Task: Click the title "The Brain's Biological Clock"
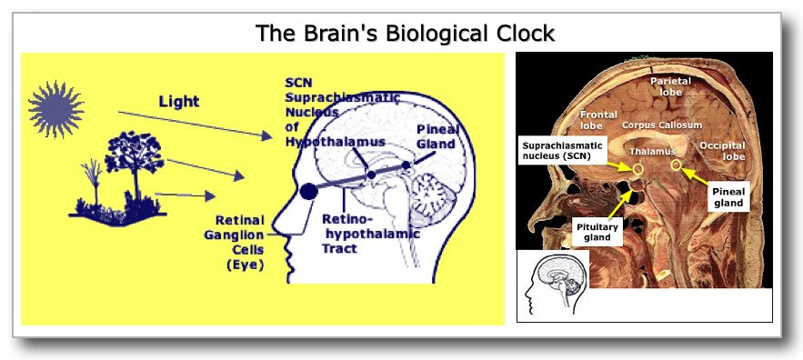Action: click(404, 35)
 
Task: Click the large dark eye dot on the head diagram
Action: click(309, 191)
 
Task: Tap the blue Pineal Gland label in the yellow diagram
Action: click(437, 135)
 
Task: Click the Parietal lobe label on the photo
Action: click(670, 87)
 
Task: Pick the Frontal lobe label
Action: click(600, 120)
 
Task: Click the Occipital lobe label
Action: click(722, 151)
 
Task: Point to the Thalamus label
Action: click(652, 150)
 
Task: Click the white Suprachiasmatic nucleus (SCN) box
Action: click(562, 153)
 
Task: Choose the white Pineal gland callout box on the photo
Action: click(728, 198)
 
